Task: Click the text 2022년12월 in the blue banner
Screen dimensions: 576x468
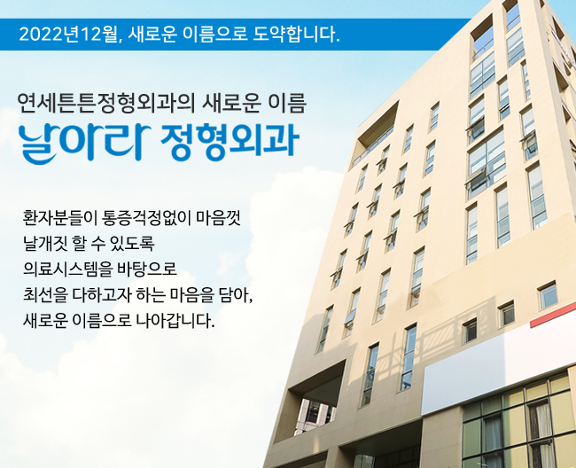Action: pyautogui.click(x=68, y=35)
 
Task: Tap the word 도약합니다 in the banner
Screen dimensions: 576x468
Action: pyautogui.click(x=296, y=35)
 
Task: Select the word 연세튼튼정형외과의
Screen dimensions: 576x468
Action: pyautogui.click(x=105, y=104)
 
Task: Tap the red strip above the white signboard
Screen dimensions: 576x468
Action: pyautogui.click(x=552, y=317)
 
